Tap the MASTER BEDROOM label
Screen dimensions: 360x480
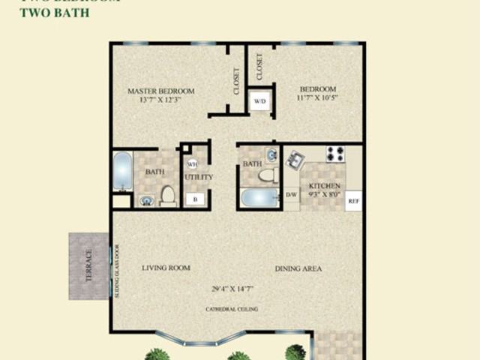160,91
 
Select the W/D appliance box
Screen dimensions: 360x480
260,100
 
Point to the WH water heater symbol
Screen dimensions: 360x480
192,164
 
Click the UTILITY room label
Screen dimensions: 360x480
199,178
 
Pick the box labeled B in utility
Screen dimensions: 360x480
195,199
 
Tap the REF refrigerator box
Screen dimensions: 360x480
353,201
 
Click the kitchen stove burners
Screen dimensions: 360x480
335,154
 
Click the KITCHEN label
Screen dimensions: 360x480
325,186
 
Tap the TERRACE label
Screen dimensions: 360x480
88,265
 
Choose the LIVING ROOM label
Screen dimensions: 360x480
166,268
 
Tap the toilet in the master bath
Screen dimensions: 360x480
168,196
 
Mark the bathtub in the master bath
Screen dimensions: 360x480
122,171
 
